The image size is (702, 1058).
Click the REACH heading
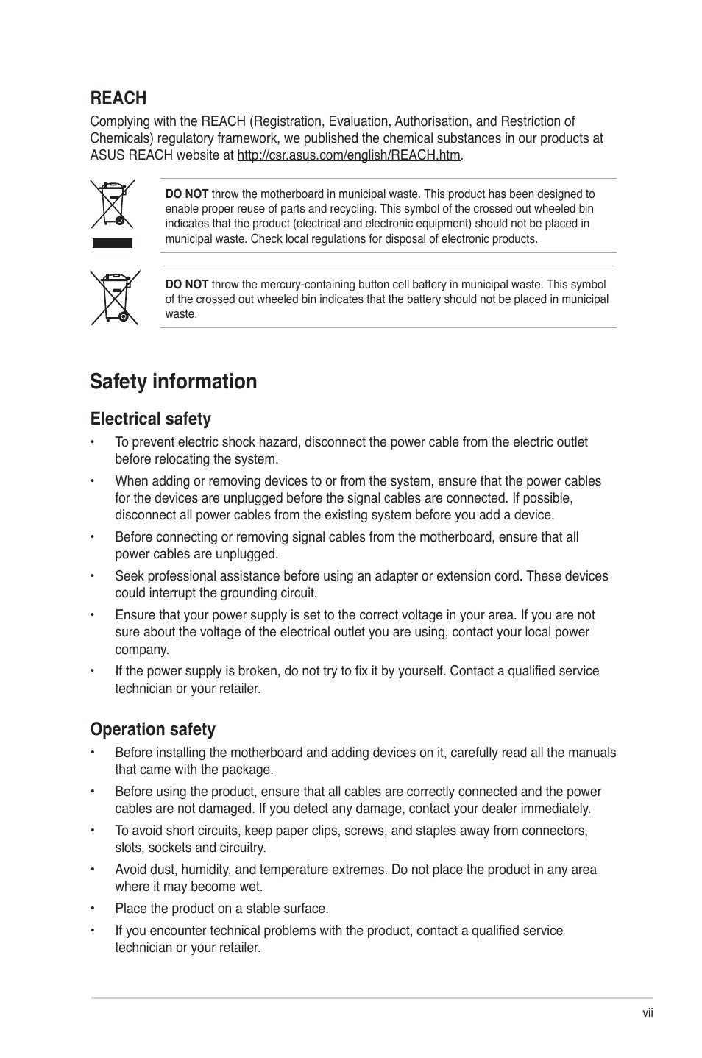tap(118, 98)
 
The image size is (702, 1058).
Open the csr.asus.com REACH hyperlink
tap(349, 155)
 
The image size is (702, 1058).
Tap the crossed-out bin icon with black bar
tap(112, 205)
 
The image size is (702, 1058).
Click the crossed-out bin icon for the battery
tap(115, 298)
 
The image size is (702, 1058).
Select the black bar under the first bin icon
tap(112, 244)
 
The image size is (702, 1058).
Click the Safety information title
tap(174, 381)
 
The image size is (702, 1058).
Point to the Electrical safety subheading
tap(150, 419)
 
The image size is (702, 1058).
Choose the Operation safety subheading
tap(152, 729)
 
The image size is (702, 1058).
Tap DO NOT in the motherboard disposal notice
tap(186, 194)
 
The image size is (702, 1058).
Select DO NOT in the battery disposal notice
tap(186, 285)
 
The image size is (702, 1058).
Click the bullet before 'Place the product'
tap(94, 909)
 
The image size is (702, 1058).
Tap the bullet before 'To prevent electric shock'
tap(94, 442)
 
